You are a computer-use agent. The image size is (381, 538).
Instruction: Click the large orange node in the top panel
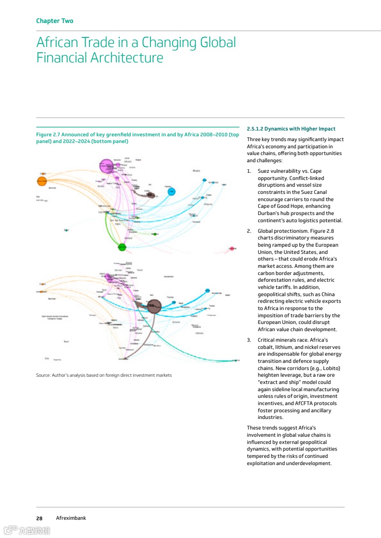click(x=42, y=181)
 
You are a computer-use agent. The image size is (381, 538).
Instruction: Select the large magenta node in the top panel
click(x=106, y=166)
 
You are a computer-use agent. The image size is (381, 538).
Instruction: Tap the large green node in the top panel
click(x=122, y=247)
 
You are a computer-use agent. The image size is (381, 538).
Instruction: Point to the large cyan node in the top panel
click(x=172, y=192)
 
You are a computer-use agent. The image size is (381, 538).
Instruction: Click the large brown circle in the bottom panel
click(x=154, y=306)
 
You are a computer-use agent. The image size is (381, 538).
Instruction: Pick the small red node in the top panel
click(x=232, y=249)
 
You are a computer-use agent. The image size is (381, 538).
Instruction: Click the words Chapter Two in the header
click(x=55, y=21)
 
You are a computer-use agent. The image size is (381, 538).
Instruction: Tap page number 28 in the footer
click(x=39, y=518)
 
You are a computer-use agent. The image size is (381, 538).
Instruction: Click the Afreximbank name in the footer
click(x=71, y=518)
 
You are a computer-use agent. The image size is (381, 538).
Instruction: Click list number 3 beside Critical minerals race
click(x=249, y=340)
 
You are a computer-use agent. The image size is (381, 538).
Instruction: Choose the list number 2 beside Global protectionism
click(x=249, y=231)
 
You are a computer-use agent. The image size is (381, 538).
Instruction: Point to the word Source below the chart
click(x=44, y=375)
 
